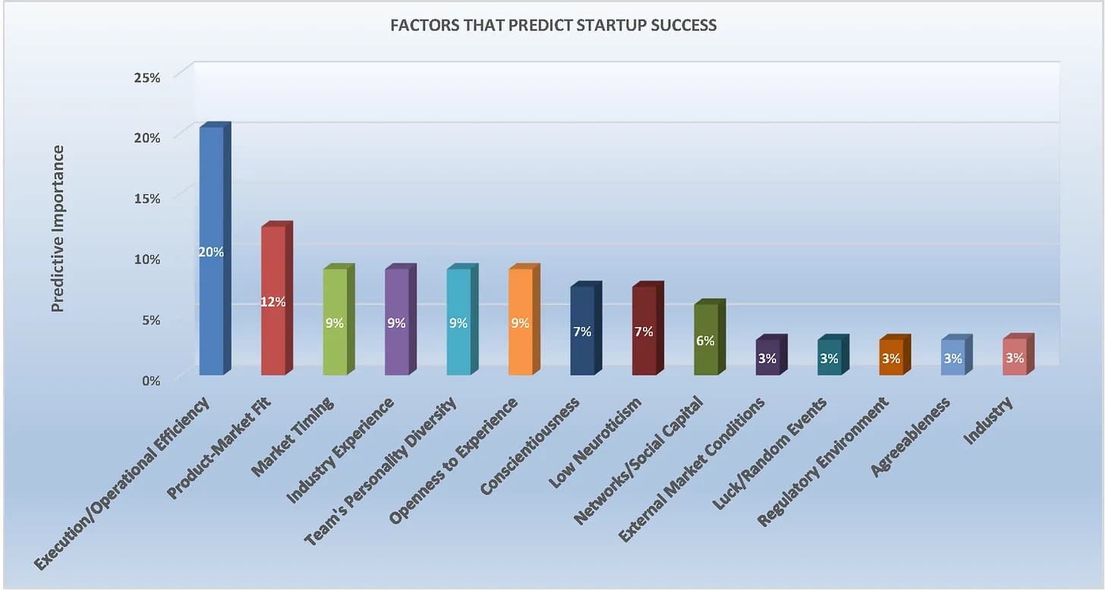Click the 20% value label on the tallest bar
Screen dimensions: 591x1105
click(x=211, y=252)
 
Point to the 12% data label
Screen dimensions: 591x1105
click(x=273, y=302)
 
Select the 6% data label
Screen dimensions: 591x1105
click(x=705, y=341)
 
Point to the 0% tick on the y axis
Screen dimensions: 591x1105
click(x=150, y=381)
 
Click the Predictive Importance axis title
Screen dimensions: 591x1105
click(x=58, y=228)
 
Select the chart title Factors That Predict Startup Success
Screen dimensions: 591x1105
click(x=552, y=25)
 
